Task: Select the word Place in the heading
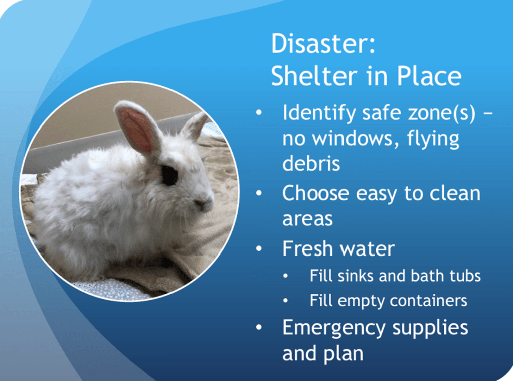pos(429,76)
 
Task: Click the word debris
pos(311,163)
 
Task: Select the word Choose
pos(315,193)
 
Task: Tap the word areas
pos(307,219)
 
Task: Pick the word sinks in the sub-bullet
pos(356,276)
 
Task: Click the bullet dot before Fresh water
pos(259,249)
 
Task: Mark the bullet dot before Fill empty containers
pos(286,300)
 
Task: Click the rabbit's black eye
pos(169,175)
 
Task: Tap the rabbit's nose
pos(201,204)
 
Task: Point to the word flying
pos(433,139)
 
